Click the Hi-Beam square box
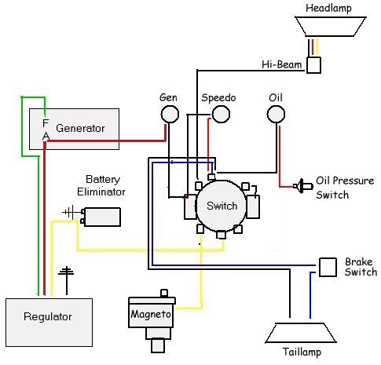313,65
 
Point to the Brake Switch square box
328,267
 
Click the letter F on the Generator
46,122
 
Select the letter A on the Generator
46,136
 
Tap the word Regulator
48,316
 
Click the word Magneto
151,314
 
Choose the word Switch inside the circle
222,206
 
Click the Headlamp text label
328,8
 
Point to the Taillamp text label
302,352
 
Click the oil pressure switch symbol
303,186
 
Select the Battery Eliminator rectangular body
102,217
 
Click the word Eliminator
101,192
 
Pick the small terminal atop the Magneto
164,293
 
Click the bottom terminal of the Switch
222,235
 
